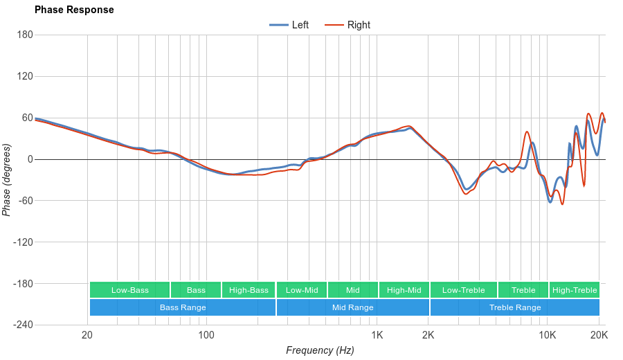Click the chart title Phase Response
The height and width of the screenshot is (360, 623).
[74, 10]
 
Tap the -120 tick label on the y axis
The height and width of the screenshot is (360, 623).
[21, 242]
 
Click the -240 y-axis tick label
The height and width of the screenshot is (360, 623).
[21, 325]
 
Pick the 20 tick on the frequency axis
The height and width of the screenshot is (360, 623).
[87, 336]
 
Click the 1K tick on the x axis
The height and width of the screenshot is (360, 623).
[377, 336]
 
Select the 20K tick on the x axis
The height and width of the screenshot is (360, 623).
[599, 336]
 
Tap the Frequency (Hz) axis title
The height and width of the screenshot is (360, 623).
[320, 350]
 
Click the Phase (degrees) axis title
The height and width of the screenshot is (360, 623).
[7, 180]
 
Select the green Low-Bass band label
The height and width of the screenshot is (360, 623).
[129, 290]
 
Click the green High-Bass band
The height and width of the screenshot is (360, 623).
[249, 290]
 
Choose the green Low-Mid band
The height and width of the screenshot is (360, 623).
[302, 290]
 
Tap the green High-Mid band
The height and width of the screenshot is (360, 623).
[404, 290]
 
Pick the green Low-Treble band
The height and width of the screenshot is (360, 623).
[463, 290]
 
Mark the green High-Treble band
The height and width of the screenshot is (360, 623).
[575, 290]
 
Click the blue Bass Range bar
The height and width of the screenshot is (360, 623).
[183, 307]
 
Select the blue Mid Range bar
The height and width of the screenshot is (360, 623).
[352, 307]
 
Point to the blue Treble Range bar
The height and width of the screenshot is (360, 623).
[515, 307]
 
